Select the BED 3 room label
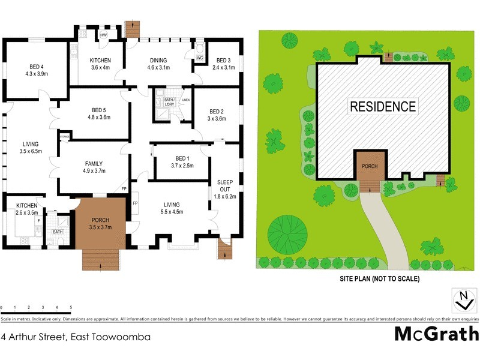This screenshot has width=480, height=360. pyautogui.click(x=223, y=64)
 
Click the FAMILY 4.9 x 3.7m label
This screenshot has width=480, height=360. pyautogui.click(x=93, y=167)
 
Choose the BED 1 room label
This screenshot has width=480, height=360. pyautogui.click(x=175, y=162)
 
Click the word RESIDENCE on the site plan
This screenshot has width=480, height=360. pyautogui.click(x=382, y=107)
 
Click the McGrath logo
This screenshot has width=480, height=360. pyautogui.click(x=436, y=334)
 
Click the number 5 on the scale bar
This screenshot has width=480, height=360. pyautogui.click(x=71, y=307)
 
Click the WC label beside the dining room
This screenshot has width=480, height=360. pyautogui.click(x=199, y=58)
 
